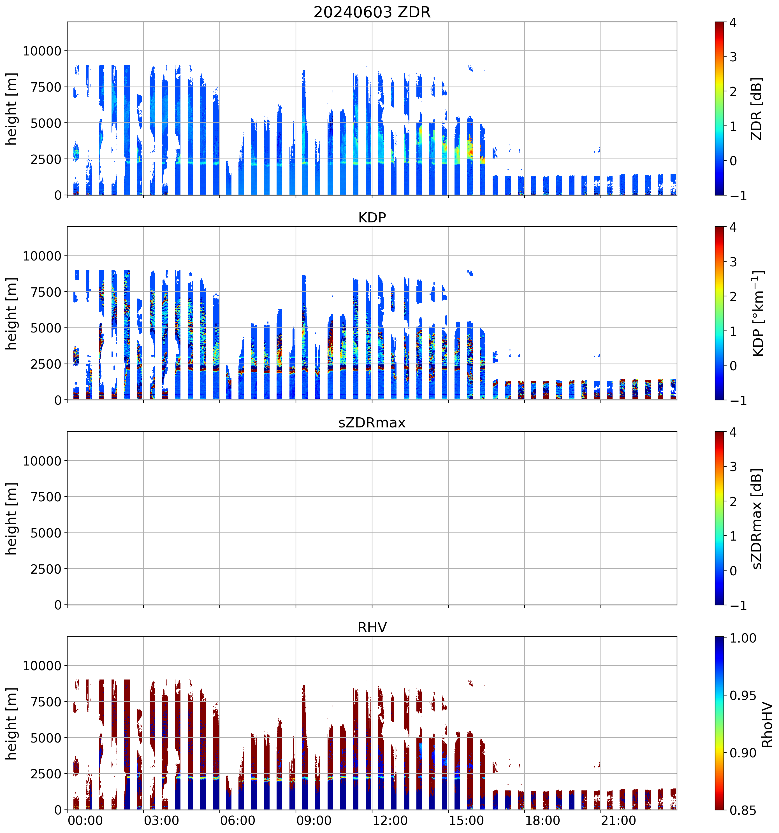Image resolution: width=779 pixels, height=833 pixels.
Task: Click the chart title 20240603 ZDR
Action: [x=372, y=12]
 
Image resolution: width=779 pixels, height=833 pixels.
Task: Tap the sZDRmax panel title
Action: [x=372, y=422]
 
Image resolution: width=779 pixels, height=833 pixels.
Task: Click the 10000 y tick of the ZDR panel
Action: [x=42, y=51]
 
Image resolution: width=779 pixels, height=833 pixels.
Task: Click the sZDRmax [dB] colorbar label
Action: [x=756, y=518]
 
